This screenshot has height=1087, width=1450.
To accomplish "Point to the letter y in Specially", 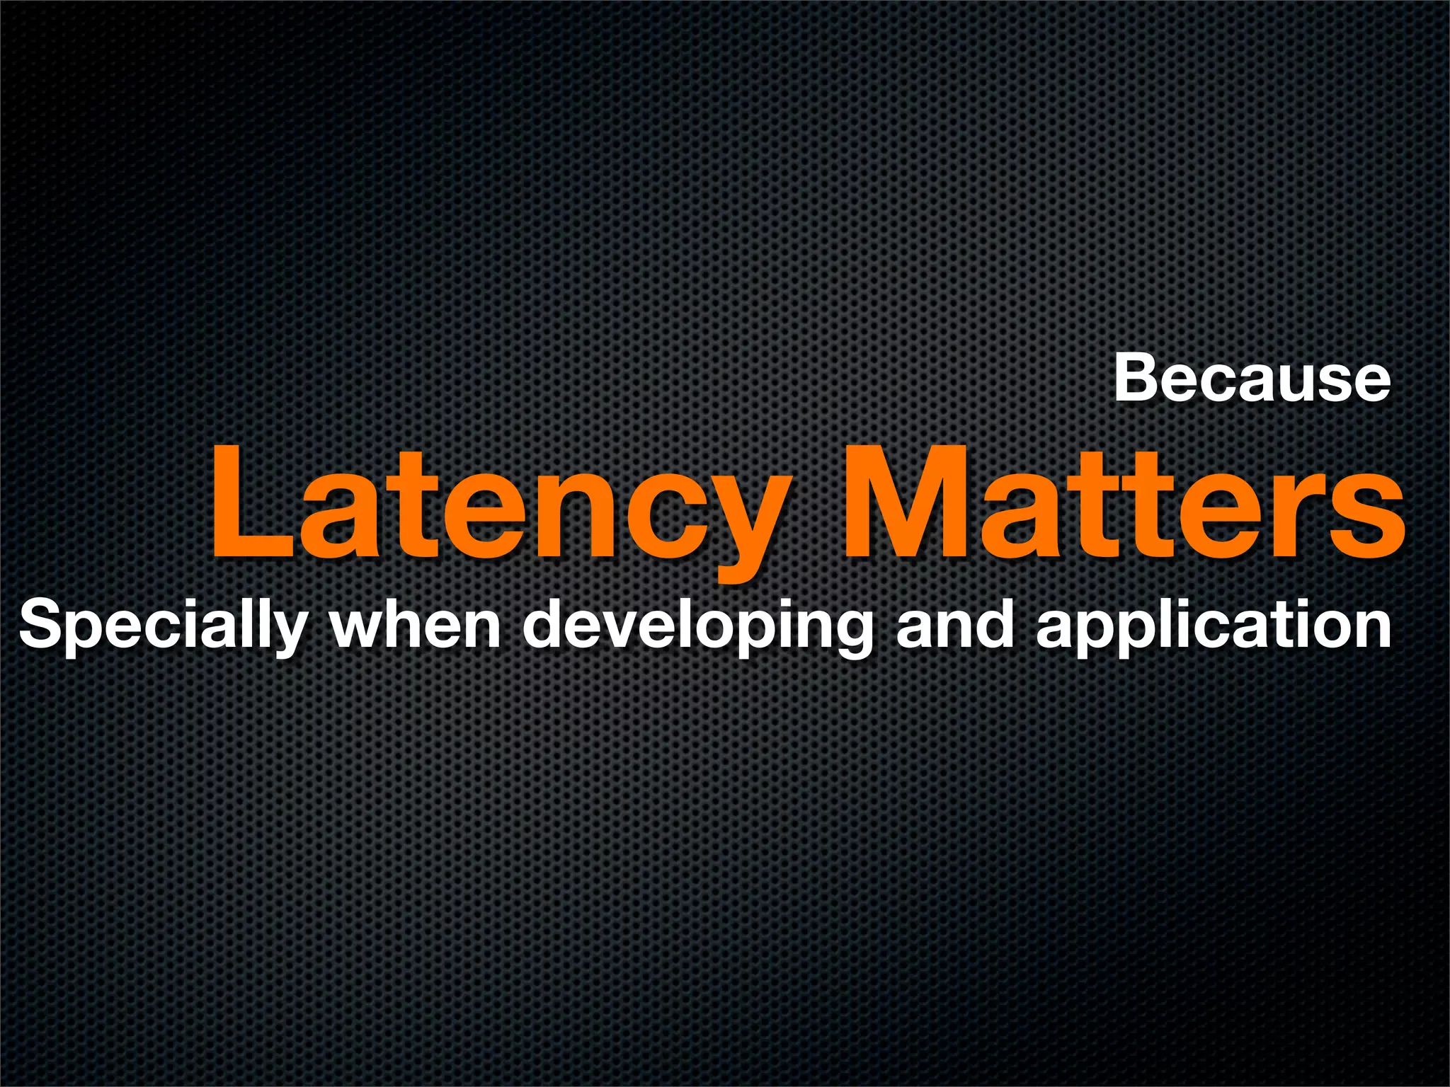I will tap(287, 633).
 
